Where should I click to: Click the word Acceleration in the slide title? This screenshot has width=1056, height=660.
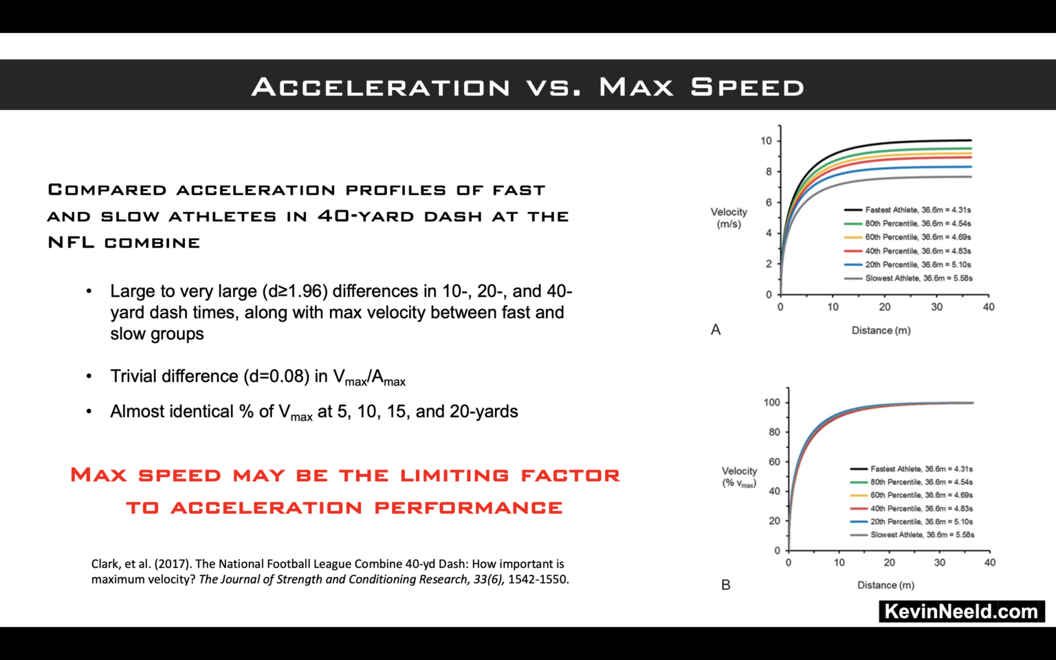[x=381, y=87]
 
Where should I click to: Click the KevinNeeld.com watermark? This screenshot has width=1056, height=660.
[x=961, y=611]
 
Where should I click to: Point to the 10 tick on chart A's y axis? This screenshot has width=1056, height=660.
[x=766, y=141]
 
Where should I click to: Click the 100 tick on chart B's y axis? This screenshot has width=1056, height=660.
[x=772, y=403]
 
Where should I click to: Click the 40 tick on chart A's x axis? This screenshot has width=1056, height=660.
[x=989, y=307]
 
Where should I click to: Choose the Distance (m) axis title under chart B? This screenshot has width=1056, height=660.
[x=885, y=585]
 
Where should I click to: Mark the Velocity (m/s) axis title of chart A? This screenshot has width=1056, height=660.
[x=729, y=218]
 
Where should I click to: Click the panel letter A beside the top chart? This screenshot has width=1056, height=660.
[x=716, y=330]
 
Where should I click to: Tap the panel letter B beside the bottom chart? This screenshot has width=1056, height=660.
[x=725, y=585]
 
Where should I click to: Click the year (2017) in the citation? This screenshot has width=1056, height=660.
[x=173, y=564]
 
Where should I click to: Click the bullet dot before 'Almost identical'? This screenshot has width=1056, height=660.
[x=89, y=412]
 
